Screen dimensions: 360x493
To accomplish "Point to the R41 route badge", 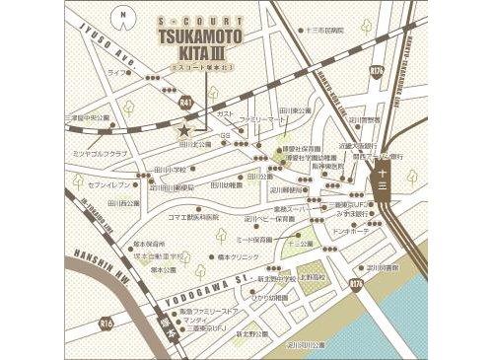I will tap(186, 101).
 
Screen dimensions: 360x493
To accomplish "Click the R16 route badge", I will tap(376, 71).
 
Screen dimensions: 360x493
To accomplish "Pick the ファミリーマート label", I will tap(262, 117).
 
